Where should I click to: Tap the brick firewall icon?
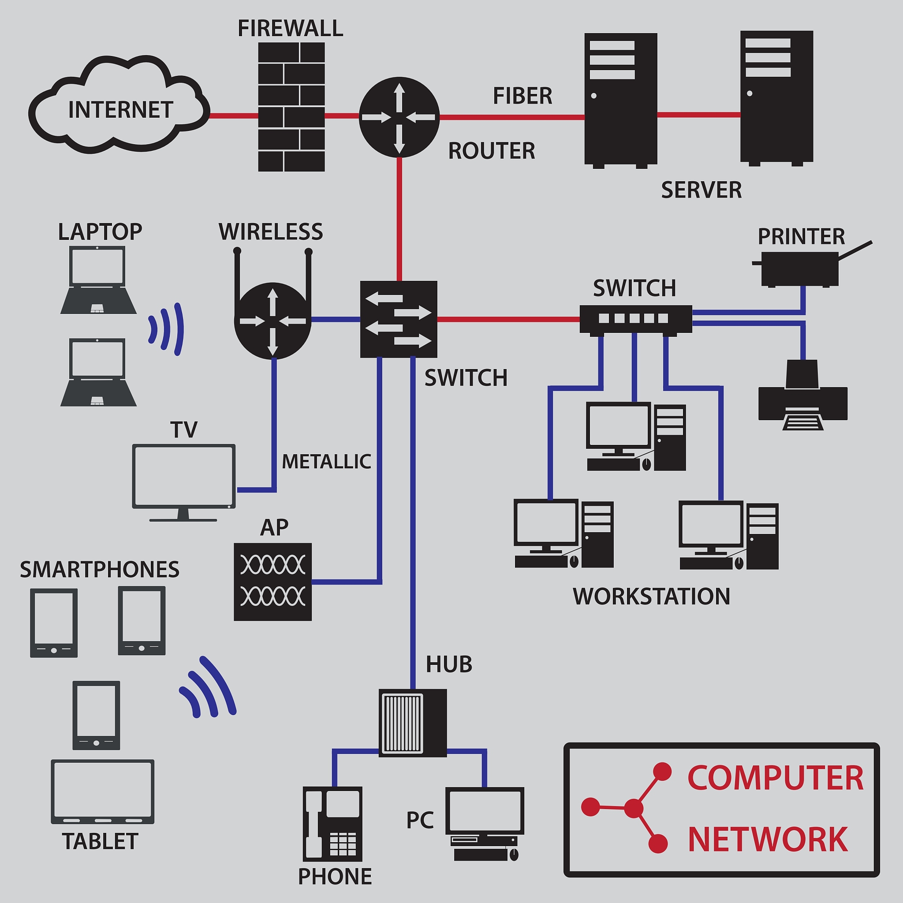coord(291,107)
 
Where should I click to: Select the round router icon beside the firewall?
coord(399,117)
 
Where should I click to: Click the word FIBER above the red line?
coord(522,96)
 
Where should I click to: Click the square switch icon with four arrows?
coord(399,319)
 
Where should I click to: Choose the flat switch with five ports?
coord(635,319)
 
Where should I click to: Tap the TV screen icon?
coord(184,477)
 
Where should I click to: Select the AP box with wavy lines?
coord(272,582)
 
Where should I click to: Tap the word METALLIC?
coord(326,462)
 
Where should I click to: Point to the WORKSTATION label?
coord(651,597)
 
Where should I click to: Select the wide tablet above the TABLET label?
coord(102,791)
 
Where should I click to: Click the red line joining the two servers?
coord(699,115)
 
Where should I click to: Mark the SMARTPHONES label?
coord(100,570)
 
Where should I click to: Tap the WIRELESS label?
coord(271,232)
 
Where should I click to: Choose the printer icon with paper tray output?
coord(802,397)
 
